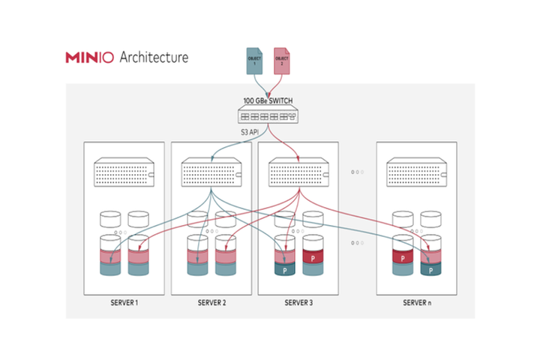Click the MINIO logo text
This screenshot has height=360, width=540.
coord(89,57)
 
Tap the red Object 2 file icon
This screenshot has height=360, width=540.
coord(281,61)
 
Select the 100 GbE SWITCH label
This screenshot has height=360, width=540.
coord(268,100)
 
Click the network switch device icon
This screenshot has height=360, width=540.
coord(268,116)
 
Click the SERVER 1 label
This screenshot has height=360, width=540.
coord(124,303)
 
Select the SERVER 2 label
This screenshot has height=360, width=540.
coord(211,303)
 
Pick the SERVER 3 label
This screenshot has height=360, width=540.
coord(298,303)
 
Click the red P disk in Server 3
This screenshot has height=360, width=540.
coord(313,258)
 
